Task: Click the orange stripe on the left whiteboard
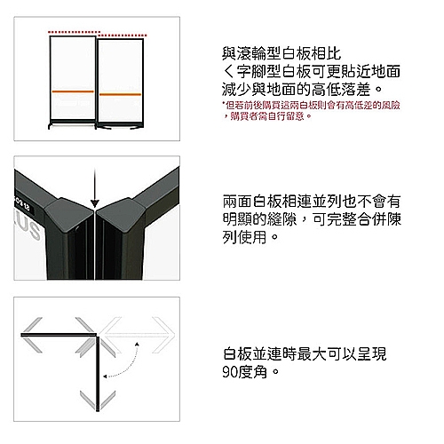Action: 73,91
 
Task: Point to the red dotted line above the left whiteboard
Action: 71,31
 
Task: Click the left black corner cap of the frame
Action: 75,213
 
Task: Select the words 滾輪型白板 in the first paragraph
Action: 258,53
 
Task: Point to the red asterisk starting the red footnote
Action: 223,105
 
